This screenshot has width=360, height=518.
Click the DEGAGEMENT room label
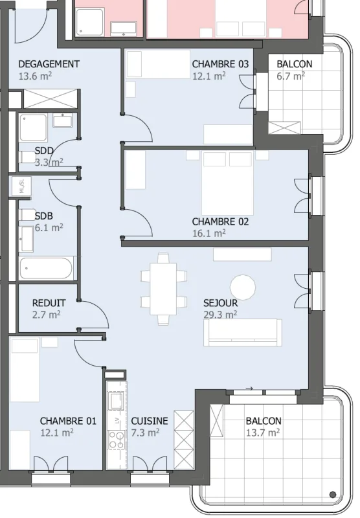point(49,64)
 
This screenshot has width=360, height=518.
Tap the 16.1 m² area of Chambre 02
point(209,233)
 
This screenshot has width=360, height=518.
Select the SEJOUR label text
point(221,303)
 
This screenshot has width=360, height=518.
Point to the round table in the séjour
point(243,287)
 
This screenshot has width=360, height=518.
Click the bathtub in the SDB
point(46,268)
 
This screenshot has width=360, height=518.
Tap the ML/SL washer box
point(21,186)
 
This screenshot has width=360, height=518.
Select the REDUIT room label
point(49,303)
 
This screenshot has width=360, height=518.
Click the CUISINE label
point(150,421)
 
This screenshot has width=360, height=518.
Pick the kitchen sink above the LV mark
point(117,401)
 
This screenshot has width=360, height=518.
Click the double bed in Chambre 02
point(227,183)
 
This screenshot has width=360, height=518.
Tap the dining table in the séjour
point(163,289)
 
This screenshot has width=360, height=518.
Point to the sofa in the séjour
point(243,332)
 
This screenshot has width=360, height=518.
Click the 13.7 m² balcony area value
point(263,433)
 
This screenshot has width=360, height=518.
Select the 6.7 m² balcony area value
point(291,76)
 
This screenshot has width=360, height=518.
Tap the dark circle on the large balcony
point(333,495)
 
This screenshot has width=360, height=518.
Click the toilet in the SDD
point(28,157)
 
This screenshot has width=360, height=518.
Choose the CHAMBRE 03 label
point(220,64)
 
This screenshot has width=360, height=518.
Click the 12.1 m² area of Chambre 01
point(57,433)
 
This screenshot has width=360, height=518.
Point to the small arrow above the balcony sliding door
point(249,388)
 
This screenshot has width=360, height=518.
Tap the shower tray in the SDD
point(34,128)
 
